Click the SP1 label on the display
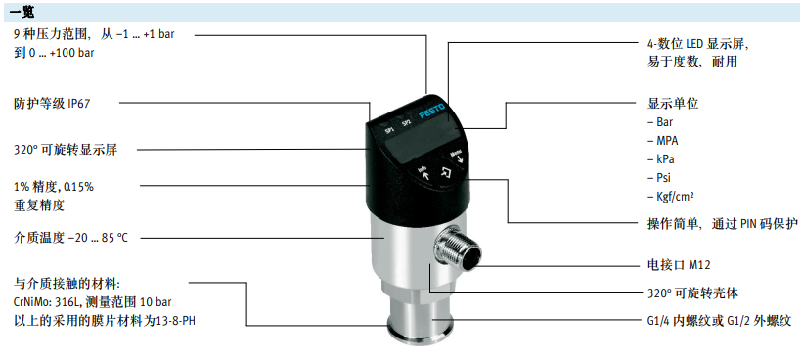click(x=390, y=130)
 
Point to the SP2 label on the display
click(x=406, y=122)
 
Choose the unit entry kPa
click(x=665, y=159)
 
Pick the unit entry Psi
click(x=663, y=177)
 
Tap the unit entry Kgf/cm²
click(x=675, y=197)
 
